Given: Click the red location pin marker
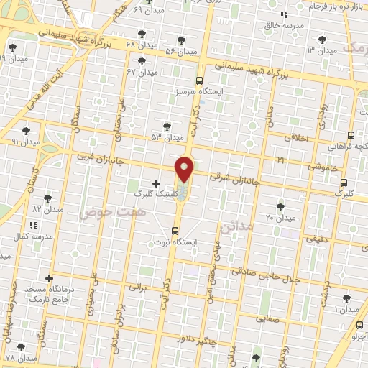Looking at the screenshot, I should tap(185, 170).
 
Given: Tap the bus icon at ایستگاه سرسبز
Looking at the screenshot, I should tap(198, 81).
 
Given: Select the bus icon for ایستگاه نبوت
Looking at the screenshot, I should tap(175, 231).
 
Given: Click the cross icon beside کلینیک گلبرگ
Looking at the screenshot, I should tap(156, 183).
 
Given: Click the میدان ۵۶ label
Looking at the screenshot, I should tap(180, 52).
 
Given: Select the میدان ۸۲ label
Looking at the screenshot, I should tap(48, 209).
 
